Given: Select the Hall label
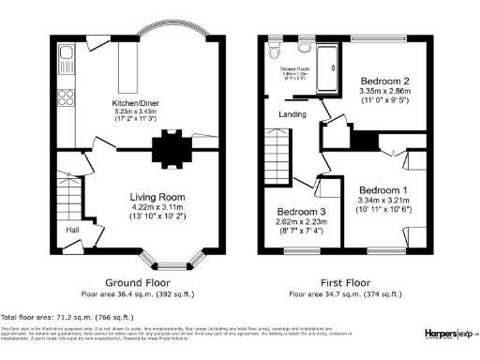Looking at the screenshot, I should click(72, 229).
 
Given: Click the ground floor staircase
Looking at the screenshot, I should click(70, 198).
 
